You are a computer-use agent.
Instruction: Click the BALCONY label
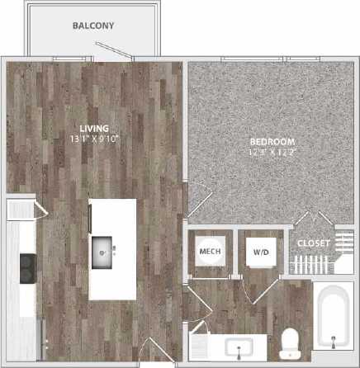(92, 26)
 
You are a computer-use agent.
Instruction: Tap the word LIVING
(92, 128)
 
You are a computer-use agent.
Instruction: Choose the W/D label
(261, 250)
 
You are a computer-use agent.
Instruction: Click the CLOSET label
(314, 244)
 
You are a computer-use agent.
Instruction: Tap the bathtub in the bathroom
(334, 322)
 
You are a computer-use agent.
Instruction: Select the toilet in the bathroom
(290, 341)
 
